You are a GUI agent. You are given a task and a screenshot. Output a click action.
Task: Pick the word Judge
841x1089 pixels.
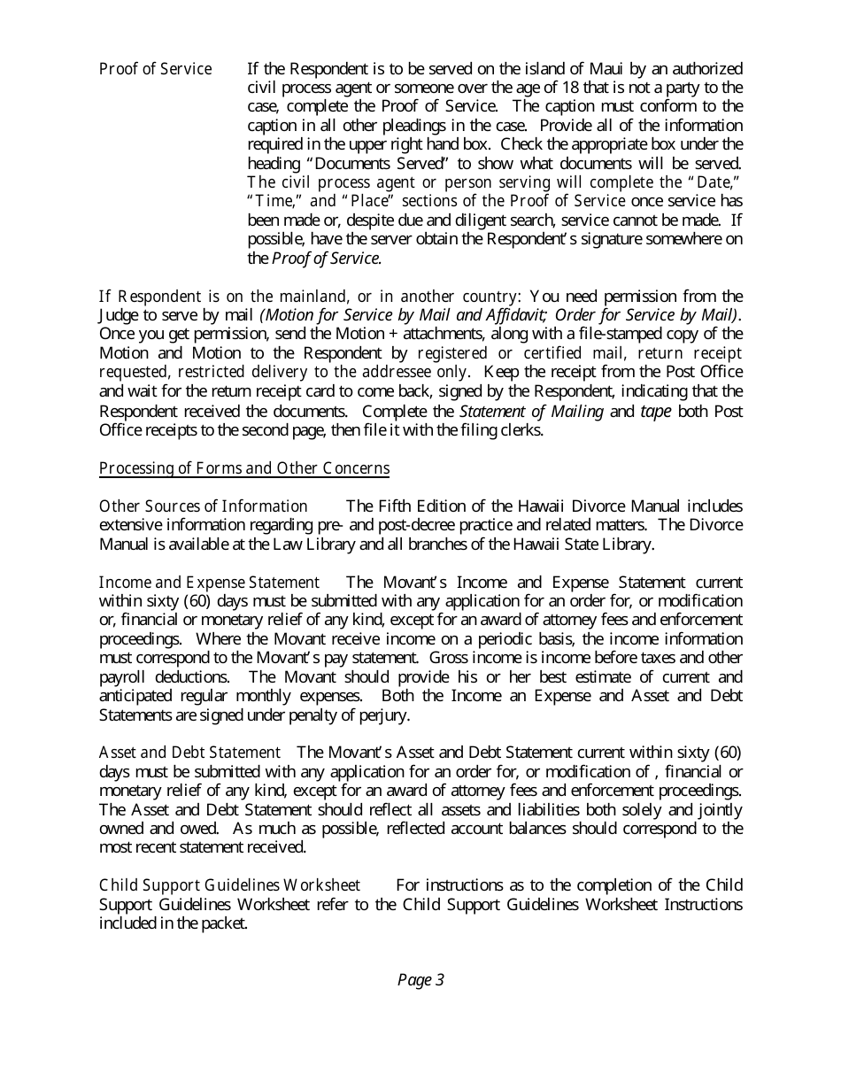[119, 314]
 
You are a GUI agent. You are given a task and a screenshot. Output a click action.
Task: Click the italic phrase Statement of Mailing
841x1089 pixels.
[531, 411]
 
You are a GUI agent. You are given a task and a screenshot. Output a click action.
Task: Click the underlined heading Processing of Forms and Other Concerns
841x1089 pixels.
[244, 467]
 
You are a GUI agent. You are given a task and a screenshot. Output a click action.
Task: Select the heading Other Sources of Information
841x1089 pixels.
[203, 506]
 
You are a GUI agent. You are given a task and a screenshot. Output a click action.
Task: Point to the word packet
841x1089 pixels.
[222, 923]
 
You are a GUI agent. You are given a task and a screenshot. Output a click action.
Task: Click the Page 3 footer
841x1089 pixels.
[420, 979]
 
